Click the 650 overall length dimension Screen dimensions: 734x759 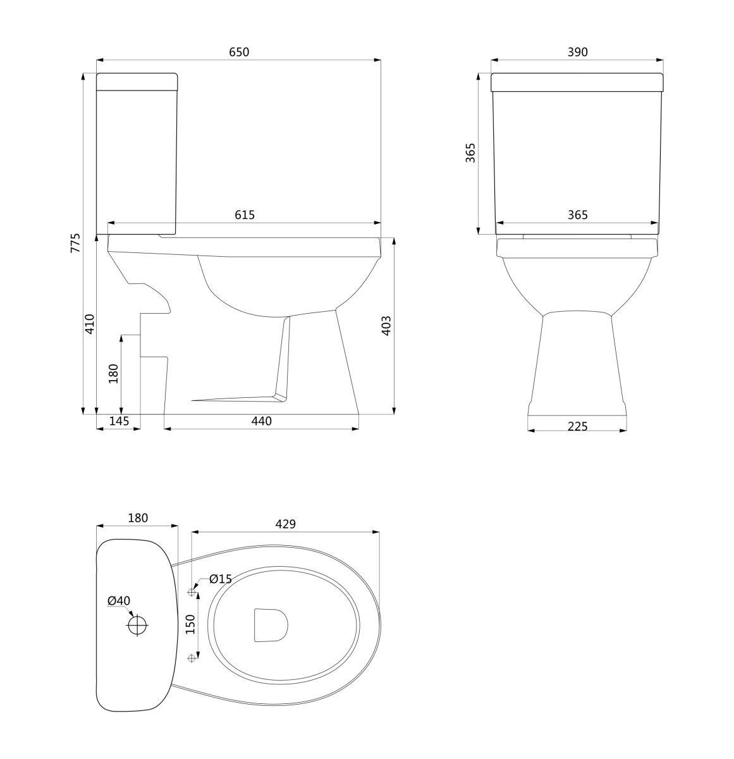coord(238,52)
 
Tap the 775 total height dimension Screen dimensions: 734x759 coord(76,243)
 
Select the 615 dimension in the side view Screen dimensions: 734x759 coord(245,215)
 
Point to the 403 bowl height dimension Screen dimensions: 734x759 coord(386,326)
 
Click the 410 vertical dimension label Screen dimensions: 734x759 coord(90,324)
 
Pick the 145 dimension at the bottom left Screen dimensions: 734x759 coord(119,421)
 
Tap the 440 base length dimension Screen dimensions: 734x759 coord(261,421)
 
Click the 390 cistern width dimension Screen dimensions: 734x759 coord(577,52)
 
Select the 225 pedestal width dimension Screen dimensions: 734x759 coord(577,426)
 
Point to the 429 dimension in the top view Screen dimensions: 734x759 coord(285,524)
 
